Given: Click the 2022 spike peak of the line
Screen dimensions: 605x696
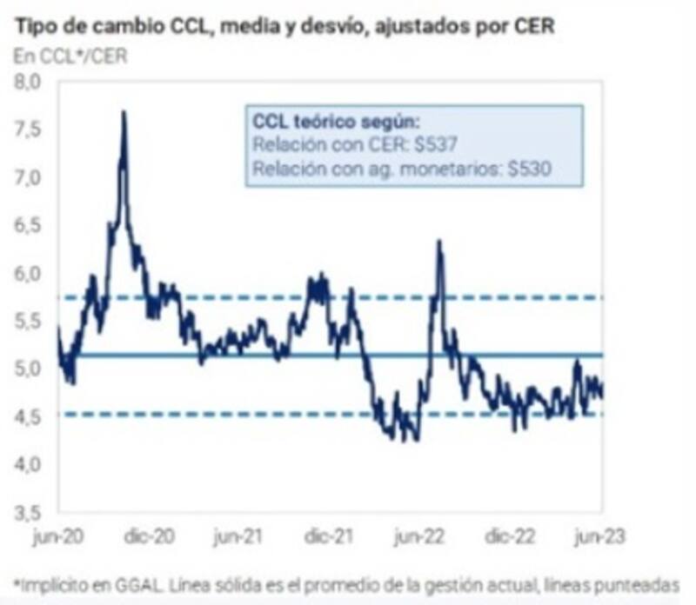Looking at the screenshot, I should [439, 242].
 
